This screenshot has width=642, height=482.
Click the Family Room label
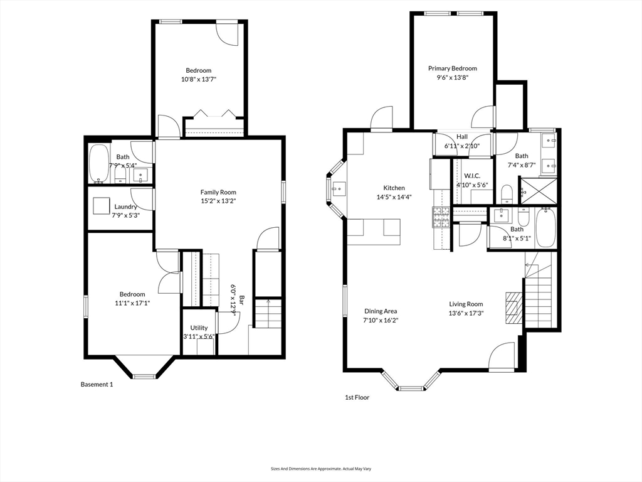click(x=218, y=192)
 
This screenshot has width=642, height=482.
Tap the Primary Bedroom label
click(x=453, y=68)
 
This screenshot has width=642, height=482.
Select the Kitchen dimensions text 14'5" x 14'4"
click(x=394, y=196)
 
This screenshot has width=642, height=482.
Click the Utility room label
click(x=199, y=328)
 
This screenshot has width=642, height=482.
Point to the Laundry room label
click(x=125, y=206)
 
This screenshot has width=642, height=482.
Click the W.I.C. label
click(x=472, y=176)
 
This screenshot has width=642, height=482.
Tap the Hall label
click(x=462, y=136)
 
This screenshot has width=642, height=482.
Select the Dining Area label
click(x=381, y=311)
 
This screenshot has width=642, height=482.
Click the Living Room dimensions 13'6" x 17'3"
click(x=466, y=313)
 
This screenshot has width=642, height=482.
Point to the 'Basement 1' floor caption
click(x=97, y=385)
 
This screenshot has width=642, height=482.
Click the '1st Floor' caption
click(x=357, y=397)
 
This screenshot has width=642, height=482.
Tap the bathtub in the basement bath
click(x=99, y=164)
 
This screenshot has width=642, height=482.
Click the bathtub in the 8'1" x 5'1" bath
click(x=545, y=227)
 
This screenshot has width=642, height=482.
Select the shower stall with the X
click(x=538, y=190)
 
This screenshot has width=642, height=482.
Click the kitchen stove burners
click(x=441, y=217)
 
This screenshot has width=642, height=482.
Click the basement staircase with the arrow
click(x=268, y=314)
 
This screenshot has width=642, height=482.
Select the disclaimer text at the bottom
click(x=321, y=468)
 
